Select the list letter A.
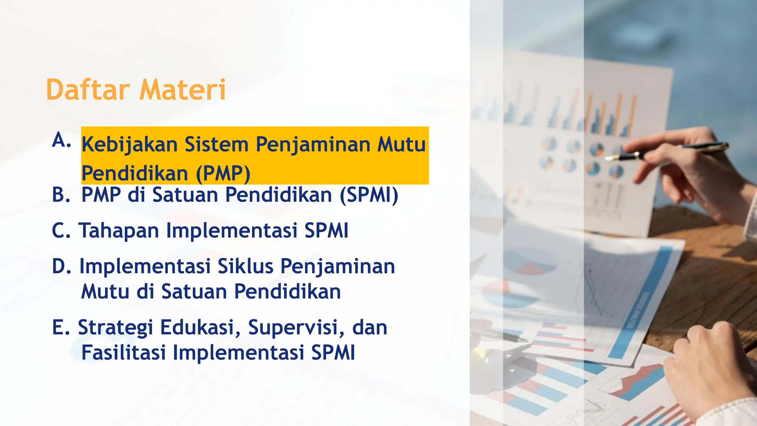[x=61, y=141]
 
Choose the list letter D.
[x=61, y=266]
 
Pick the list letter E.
[x=61, y=327]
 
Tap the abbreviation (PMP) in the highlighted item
[x=223, y=173]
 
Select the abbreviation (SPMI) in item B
[x=369, y=195]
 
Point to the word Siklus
[x=245, y=266]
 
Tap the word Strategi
[x=115, y=328]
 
